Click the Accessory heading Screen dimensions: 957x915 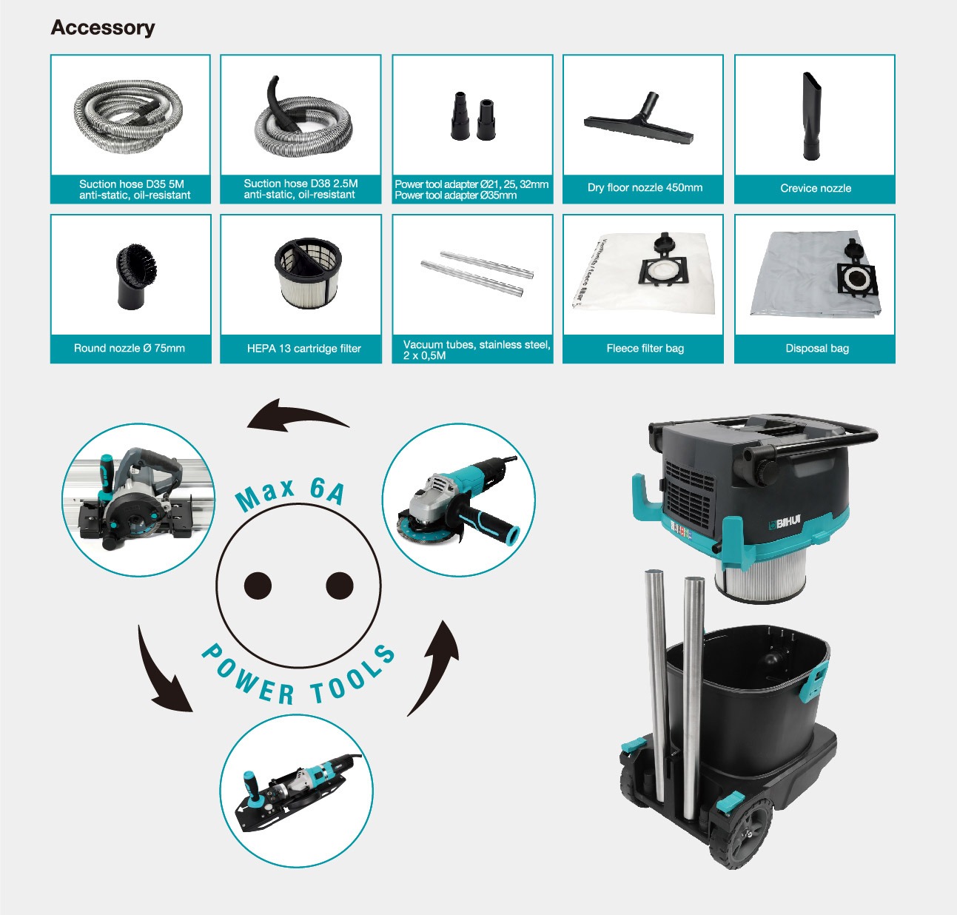coord(103,28)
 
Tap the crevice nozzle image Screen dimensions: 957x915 coord(811,116)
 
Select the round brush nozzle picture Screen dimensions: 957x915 coord(131,276)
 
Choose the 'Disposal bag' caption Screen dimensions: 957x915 coord(817,348)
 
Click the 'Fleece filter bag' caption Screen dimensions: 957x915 coord(645,348)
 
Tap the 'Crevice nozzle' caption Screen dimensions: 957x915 coord(816,188)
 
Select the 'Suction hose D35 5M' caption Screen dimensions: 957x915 coord(132,184)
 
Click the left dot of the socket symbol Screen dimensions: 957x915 coord(258,586)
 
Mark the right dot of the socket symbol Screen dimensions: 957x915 coord(340,586)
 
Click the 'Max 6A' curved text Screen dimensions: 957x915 coord(290,494)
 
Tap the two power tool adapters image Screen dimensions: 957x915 coord(472,115)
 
